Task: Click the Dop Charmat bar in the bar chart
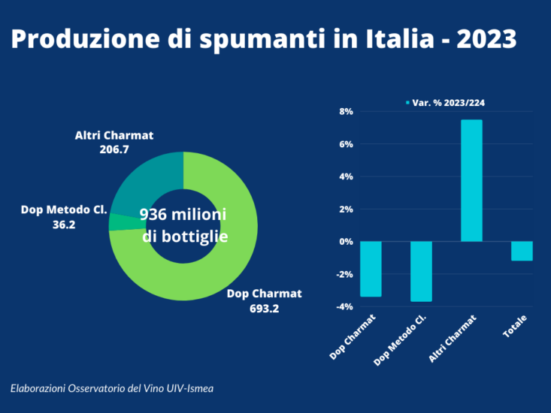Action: pyautogui.click(x=371, y=269)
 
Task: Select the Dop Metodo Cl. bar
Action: pyautogui.click(x=421, y=271)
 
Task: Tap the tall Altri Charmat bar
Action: pyautogui.click(x=471, y=180)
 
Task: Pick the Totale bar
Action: pyautogui.click(x=522, y=251)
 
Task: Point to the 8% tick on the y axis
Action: pyautogui.click(x=346, y=112)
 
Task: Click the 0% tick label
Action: pyautogui.click(x=346, y=242)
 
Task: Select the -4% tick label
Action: pyautogui.click(x=344, y=306)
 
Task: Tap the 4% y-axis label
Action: pyautogui.click(x=346, y=177)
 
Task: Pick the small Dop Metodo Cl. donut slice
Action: pyautogui.click(x=117, y=222)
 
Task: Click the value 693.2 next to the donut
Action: pyautogui.click(x=263, y=308)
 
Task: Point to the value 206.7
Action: pyautogui.click(x=114, y=150)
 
